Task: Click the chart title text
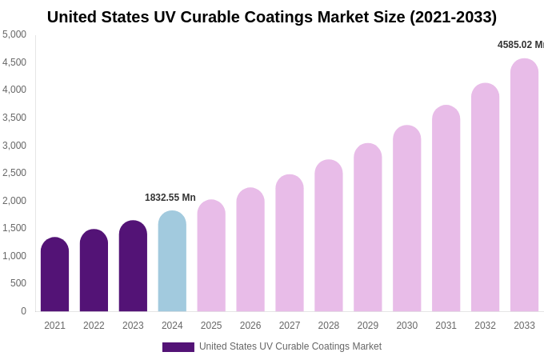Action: tap(272, 17)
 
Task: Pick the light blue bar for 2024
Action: tap(172, 262)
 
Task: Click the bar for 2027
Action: tap(290, 243)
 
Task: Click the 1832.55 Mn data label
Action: tap(170, 198)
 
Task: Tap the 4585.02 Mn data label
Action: tap(520, 45)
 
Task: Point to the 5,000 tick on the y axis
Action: tap(14, 34)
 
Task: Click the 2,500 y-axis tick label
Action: tap(14, 173)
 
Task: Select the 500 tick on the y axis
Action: tap(18, 283)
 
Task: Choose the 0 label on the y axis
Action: tap(23, 311)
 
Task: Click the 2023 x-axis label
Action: tap(133, 326)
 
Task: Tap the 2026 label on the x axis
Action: tap(250, 326)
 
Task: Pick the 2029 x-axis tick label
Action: tap(368, 326)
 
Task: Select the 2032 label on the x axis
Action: tap(485, 326)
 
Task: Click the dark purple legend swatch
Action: tap(178, 347)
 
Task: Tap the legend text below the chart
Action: tap(290, 346)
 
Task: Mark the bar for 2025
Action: tap(211, 256)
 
